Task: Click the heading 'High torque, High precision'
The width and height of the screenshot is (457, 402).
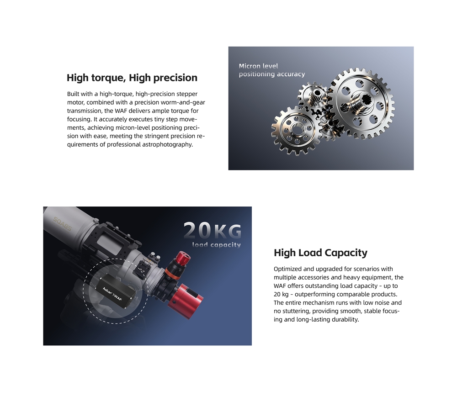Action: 132,78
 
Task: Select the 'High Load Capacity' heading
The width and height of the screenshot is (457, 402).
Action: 321,253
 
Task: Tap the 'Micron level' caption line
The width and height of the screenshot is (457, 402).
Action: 259,66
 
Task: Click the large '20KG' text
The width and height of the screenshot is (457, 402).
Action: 213,230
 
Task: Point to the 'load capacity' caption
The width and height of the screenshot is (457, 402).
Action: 217,245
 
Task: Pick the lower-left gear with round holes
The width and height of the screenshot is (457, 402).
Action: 296,130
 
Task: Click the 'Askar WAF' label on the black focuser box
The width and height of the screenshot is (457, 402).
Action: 112,295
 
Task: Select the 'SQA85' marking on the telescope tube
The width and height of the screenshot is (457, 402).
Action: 62,224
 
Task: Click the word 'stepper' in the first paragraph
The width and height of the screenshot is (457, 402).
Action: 186,94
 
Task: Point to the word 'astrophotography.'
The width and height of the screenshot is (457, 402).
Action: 168,145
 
